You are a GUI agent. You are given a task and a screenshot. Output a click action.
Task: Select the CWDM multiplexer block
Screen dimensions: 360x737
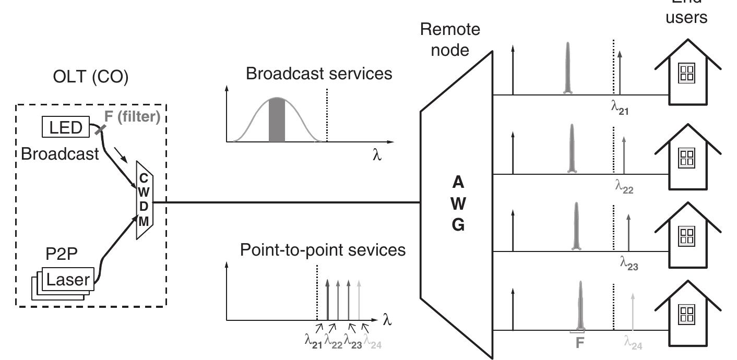coord(144,200)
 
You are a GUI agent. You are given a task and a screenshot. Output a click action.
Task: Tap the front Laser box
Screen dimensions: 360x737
coord(67,280)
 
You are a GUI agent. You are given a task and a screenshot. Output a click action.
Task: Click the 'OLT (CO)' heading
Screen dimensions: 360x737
coord(90,77)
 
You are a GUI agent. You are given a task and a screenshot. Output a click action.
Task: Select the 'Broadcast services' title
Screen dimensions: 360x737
coord(319,74)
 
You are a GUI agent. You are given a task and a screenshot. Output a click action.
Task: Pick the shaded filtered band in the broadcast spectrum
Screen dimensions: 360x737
coord(277,120)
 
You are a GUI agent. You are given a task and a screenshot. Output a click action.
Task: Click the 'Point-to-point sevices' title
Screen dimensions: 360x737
coord(323,250)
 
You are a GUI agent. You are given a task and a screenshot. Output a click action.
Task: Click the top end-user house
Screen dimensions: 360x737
coord(687,73)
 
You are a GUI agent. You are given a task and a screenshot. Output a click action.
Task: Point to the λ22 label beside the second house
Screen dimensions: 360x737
coord(624,187)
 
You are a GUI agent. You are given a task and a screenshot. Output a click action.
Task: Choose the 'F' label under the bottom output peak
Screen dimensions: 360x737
coord(579,343)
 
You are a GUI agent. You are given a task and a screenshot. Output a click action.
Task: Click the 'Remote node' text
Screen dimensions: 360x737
coord(450,40)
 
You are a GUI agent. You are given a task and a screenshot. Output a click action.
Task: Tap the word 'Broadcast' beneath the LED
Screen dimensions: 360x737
coord(60,154)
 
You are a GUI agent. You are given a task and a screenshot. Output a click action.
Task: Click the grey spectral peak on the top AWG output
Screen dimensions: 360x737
coord(568,68)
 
